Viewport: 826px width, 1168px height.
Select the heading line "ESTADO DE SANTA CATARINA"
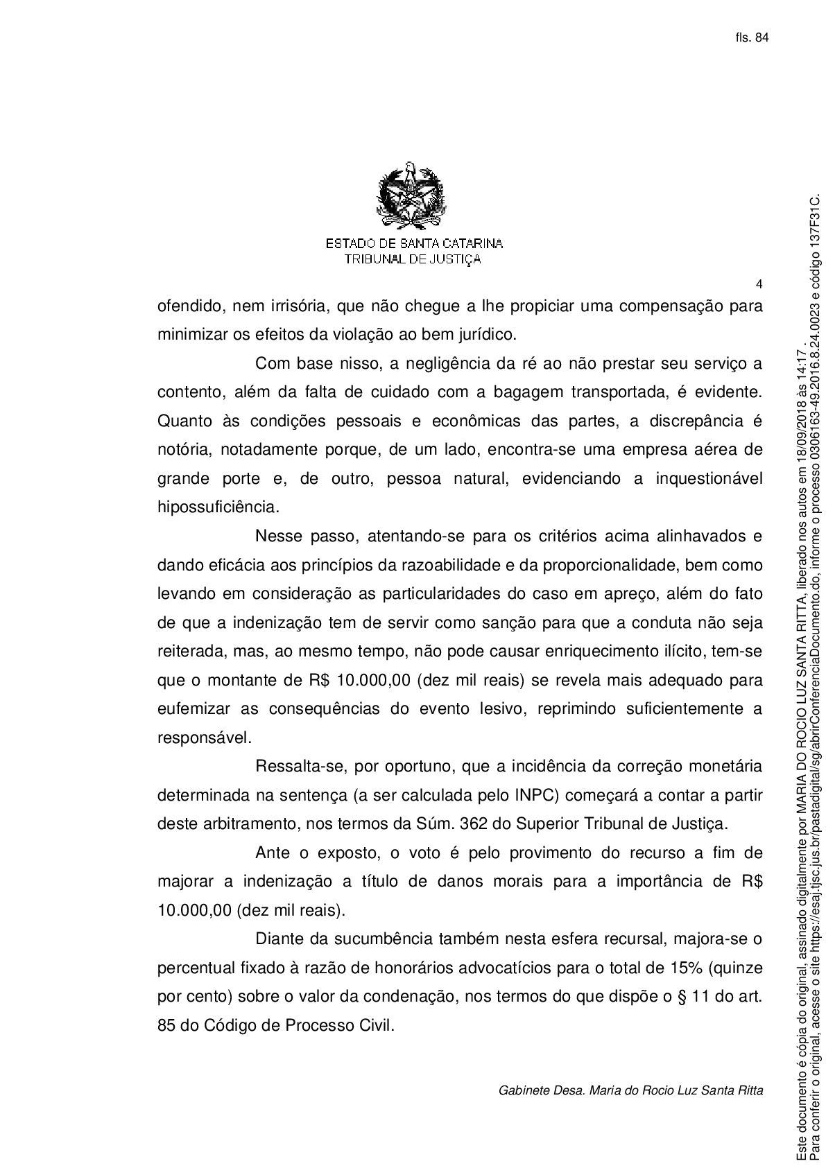pyautogui.click(x=414, y=244)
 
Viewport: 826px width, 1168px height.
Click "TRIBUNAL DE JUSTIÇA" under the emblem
pyautogui.click(x=413, y=259)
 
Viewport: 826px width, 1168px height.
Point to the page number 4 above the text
pyautogui.click(x=759, y=284)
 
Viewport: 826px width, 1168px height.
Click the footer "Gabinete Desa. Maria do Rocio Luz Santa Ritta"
pyautogui.click(x=630, y=1090)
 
